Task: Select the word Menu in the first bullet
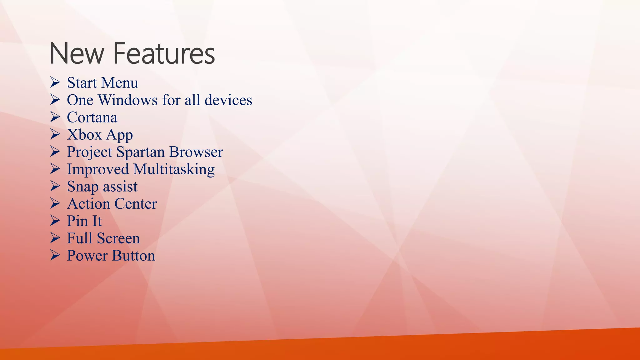coord(120,83)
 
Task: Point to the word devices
coord(228,100)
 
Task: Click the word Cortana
coord(92,117)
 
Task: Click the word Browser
coord(196,152)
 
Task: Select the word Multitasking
coord(174,169)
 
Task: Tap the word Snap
coord(82,187)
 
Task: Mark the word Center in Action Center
coord(135,204)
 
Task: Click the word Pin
coord(77,221)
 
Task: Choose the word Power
coord(87,256)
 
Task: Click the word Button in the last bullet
coord(133,256)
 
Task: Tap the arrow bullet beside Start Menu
coord(55,83)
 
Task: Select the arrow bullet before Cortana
coord(55,117)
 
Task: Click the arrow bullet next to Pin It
coord(55,221)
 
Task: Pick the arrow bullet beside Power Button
coord(55,256)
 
